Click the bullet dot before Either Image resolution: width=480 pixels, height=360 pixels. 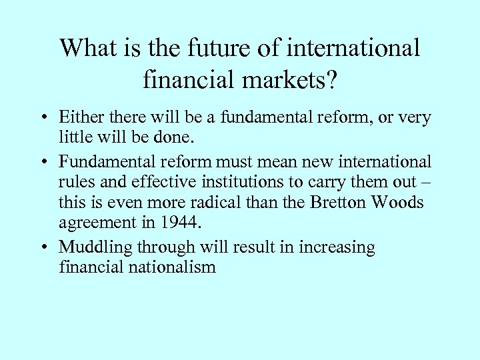41,119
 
